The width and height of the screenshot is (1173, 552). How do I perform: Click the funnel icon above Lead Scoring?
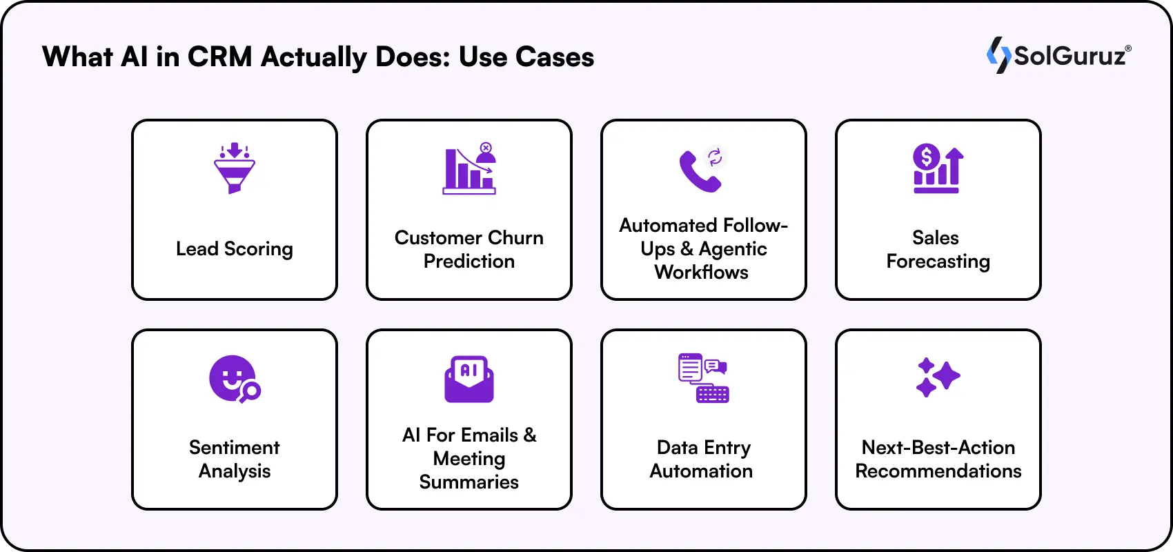coord(235,169)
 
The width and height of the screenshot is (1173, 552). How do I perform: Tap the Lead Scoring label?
coord(235,249)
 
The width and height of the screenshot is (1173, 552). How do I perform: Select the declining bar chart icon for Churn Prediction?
coord(469,170)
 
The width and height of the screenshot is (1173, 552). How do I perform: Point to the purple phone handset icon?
coord(699,172)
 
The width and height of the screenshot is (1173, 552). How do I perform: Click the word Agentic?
coord(733,249)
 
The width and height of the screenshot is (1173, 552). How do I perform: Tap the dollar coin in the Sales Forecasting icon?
coord(926,157)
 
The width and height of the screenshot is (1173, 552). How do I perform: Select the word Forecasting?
coord(938,262)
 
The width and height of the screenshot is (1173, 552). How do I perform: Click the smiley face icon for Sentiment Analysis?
coord(233,378)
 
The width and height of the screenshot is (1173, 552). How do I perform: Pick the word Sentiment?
coord(235,448)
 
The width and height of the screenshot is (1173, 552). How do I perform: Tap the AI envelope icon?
coord(469,379)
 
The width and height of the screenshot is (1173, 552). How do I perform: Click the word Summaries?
coord(469,482)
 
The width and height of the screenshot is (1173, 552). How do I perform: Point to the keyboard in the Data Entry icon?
coord(713,394)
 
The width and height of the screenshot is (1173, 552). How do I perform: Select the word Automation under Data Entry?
coord(701,471)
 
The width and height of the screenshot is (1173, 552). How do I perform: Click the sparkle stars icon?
coord(938,377)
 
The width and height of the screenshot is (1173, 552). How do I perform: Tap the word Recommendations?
coord(938,471)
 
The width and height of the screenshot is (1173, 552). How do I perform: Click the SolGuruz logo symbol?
coord(998,55)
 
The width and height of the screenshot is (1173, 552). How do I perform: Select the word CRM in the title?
coord(219,57)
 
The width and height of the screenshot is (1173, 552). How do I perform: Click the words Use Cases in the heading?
coord(526,57)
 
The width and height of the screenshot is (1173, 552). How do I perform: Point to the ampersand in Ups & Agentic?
coord(687,249)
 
